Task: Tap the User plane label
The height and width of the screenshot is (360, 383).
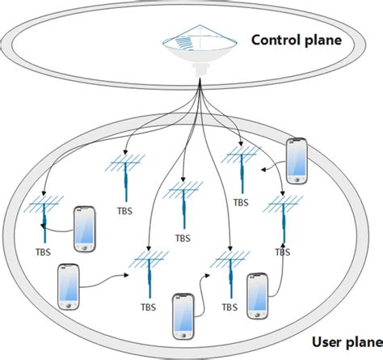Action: (338, 345)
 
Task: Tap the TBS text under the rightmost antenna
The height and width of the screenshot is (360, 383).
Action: (283, 252)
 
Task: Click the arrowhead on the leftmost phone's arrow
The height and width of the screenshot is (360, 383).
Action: (130, 274)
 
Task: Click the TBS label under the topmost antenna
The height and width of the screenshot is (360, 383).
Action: (239, 203)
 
